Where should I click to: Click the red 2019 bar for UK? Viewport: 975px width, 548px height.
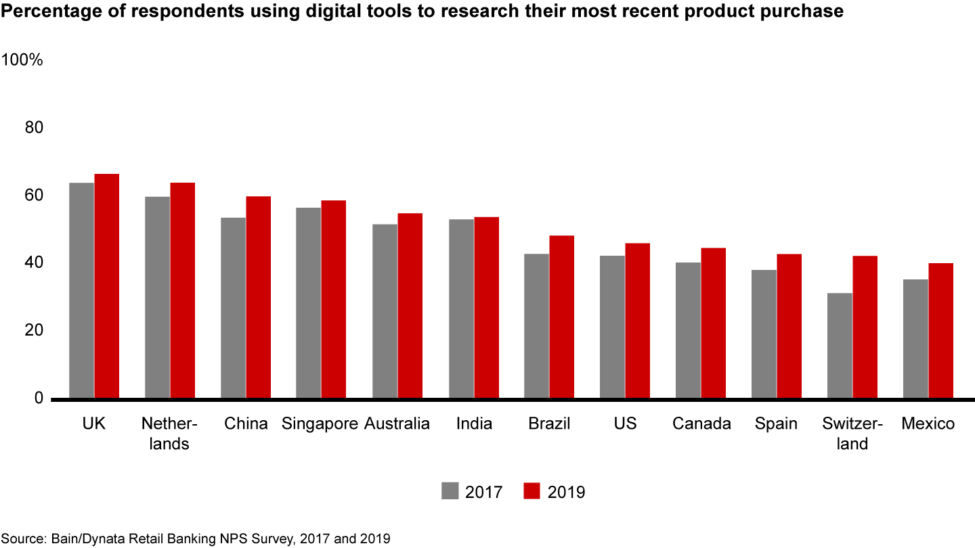point(106,286)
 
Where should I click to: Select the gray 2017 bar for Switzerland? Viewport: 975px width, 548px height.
point(840,346)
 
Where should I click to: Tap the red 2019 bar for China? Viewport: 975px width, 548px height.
point(258,298)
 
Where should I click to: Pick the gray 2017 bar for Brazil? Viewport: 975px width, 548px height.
point(537,326)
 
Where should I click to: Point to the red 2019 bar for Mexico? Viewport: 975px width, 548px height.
point(940,331)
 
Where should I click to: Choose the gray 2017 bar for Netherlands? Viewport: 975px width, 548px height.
point(158,298)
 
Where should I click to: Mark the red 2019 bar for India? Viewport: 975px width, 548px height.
point(486,308)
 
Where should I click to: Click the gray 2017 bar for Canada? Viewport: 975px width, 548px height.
point(688,330)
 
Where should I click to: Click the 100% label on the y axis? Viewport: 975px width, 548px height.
point(22,60)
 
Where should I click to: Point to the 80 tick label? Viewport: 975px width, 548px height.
point(34,128)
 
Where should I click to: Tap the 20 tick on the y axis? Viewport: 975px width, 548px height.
point(34,331)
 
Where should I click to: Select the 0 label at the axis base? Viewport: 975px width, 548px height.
point(39,398)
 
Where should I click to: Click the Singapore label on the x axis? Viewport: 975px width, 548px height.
point(320,424)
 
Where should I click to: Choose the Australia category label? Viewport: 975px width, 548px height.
point(397,424)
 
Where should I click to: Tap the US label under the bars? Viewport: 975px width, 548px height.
point(625,424)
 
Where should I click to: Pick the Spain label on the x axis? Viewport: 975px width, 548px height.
point(776,424)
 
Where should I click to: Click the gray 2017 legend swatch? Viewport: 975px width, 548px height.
point(450,491)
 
